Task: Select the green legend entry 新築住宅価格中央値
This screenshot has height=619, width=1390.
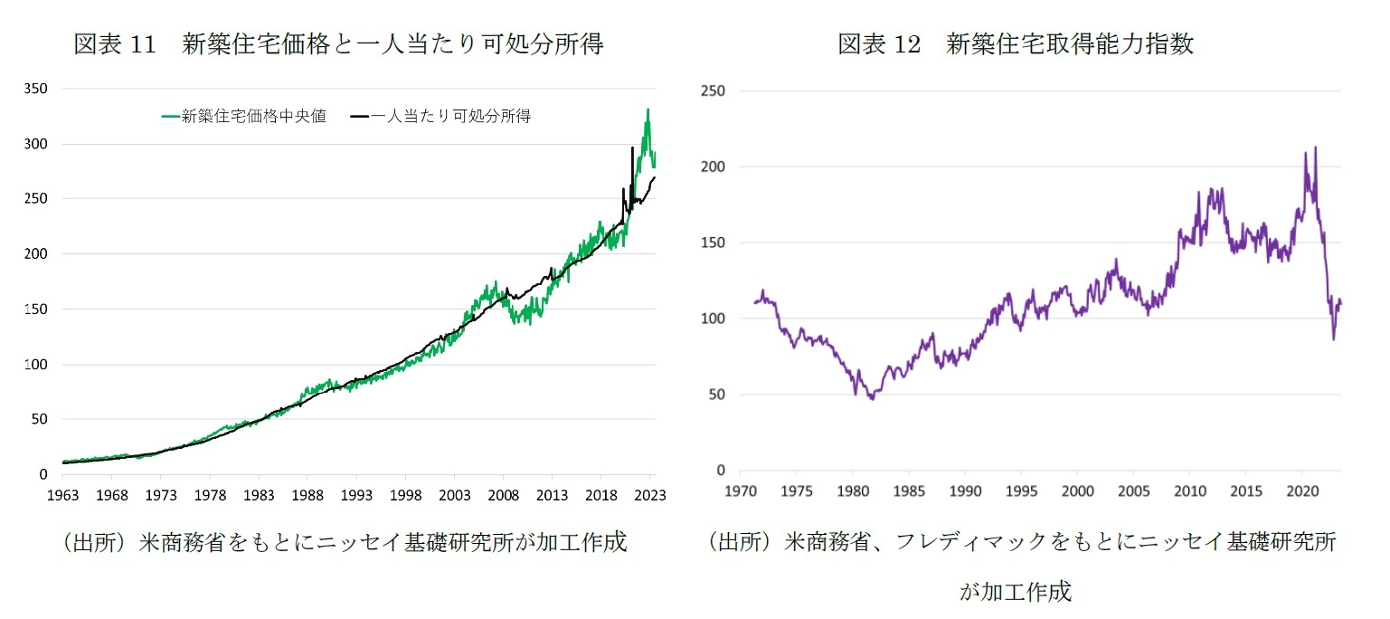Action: (x=244, y=116)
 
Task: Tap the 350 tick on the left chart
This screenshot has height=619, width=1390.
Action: (x=37, y=89)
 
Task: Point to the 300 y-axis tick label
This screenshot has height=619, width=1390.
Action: (x=37, y=144)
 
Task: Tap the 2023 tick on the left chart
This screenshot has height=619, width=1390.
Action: (x=649, y=496)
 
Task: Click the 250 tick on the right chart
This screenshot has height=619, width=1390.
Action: (x=714, y=90)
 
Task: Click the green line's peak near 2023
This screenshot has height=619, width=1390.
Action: (x=648, y=110)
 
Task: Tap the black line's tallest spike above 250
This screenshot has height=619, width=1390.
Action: (x=632, y=148)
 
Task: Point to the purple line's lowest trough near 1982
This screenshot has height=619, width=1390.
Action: (x=872, y=398)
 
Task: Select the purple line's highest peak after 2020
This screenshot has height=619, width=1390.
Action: (x=1314, y=148)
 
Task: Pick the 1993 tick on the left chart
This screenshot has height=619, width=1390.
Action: (x=355, y=496)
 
